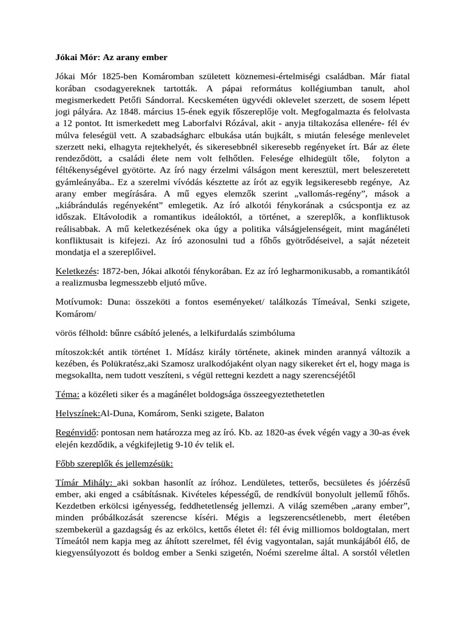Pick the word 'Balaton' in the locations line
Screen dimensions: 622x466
[x=246, y=414]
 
